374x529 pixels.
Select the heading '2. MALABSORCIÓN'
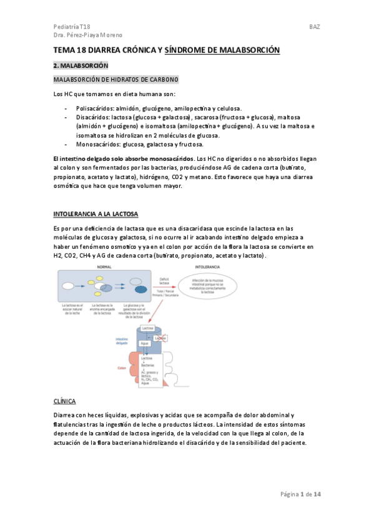(x=81, y=66)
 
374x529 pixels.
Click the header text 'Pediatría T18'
(x=71, y=27)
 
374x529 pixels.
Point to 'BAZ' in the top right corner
(x=315, y=27)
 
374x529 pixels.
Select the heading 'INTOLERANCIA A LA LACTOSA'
(x=96, y=214)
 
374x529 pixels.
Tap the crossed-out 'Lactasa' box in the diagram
(x=160, y=339)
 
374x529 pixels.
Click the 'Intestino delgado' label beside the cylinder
(x=122, y=341)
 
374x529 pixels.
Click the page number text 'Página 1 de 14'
(x=300, y=495)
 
